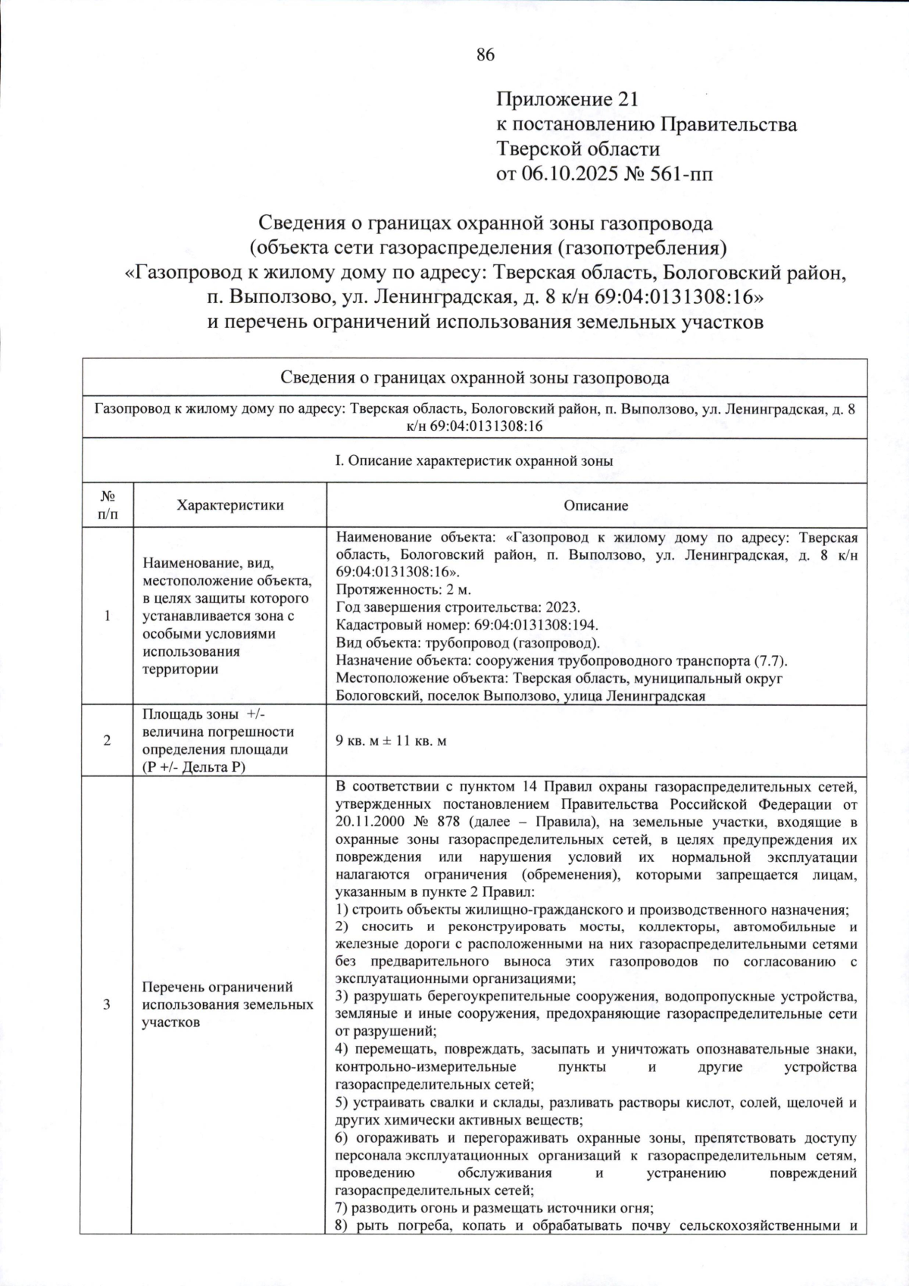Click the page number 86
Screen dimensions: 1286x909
tap(485, 54)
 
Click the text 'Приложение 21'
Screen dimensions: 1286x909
tap(567, 99)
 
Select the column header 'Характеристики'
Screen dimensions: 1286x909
tap(230, 505)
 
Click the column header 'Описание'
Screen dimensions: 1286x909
tap(595, 505)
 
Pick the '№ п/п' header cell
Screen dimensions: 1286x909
tap(108, 505)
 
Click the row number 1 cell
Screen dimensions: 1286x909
tap(108, 616)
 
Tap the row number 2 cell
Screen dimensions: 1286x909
tap(108, 741)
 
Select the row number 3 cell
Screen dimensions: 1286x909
tap(108, 1004)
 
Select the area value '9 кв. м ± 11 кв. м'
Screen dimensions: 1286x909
tap(391, 741)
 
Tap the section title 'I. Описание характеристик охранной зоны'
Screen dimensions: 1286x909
tap(474, 460)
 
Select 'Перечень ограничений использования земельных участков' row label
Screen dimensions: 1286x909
tap(227, 1004)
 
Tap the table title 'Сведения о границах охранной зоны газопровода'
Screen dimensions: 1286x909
tap(474, 377)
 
